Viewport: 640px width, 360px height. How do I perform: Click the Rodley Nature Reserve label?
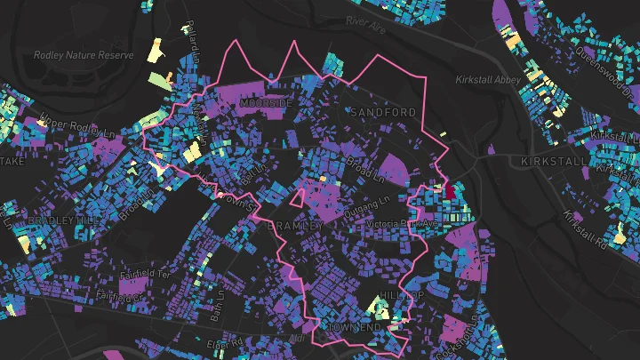click(x=84, y=55)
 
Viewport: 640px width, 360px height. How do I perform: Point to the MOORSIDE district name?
click(x=266, y=104)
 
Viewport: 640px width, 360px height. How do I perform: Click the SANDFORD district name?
click(x=382, y=112)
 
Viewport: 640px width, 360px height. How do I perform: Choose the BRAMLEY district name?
click(x=294, y=226)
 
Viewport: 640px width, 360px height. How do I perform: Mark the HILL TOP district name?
click(x=397, y=294)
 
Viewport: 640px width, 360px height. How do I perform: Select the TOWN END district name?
click(x=355, y=328)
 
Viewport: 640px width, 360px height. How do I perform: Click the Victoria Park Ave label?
click(x=401, y=224)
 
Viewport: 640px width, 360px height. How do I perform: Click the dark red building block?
click(x=449, y=190)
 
